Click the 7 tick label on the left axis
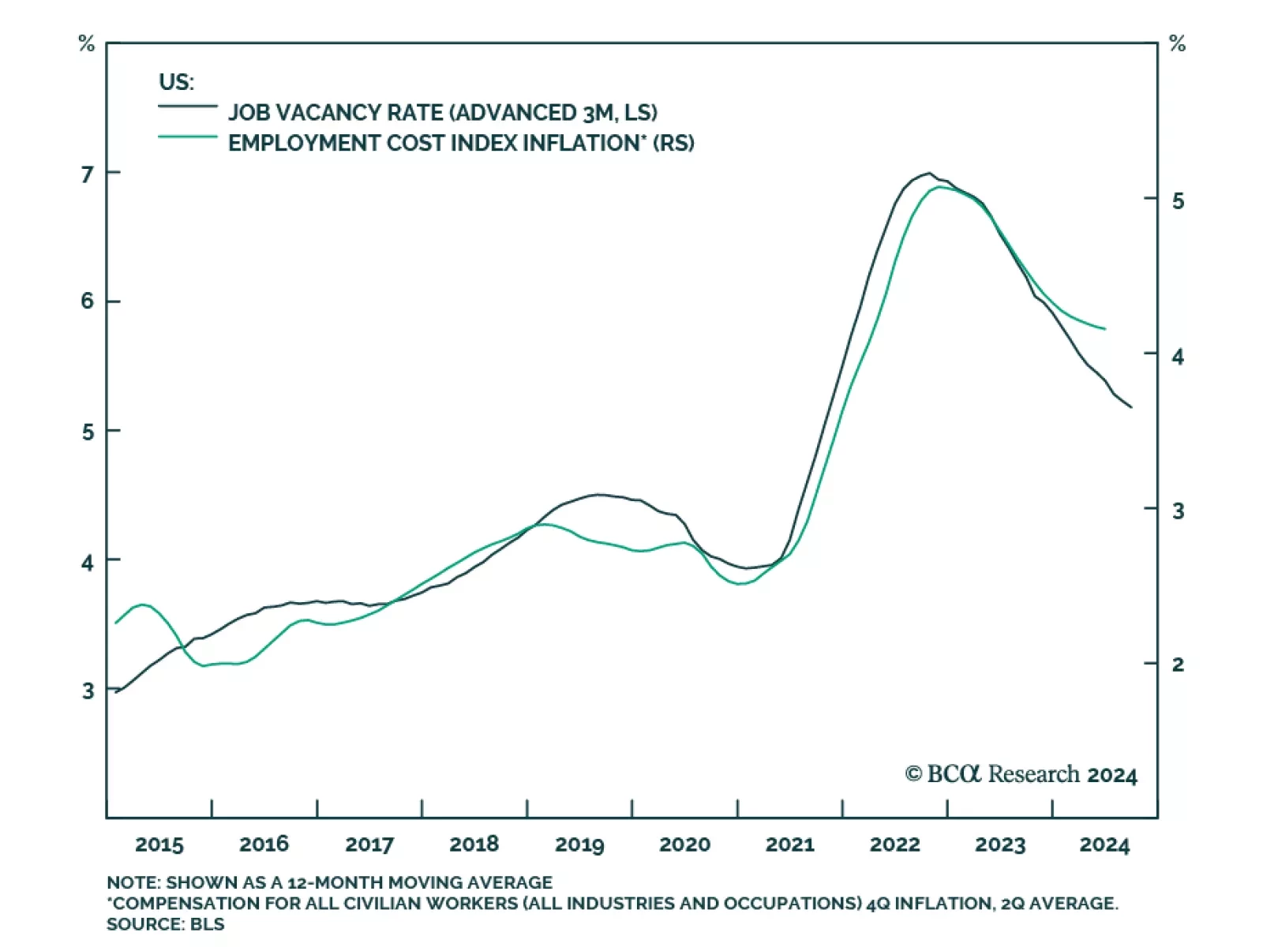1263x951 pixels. (88, 174)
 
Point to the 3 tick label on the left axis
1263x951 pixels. (88, 691)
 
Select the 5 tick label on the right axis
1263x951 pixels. (1178, 201)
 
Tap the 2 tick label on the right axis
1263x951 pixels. (1178, 665)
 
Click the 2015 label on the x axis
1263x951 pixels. (159, 844)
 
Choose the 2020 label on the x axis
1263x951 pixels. (684, 844)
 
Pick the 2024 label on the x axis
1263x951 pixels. (1104, 844)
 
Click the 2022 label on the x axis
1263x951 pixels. (894, 844)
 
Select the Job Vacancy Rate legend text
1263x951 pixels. (443, 113)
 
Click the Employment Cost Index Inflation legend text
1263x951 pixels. (461, 143)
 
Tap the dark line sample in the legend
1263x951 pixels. (188, 106)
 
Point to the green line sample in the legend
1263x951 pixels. (188, 137)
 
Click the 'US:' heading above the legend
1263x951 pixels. (176, 82)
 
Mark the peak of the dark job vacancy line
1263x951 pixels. (929, 173)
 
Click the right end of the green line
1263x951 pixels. (1105, 328)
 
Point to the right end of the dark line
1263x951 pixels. (1131, 407)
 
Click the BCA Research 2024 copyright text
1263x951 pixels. (1021, 774)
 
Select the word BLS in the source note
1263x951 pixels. (208, 924)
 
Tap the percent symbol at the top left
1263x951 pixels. (87, 43)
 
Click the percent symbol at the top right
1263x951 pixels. (1177, 43)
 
